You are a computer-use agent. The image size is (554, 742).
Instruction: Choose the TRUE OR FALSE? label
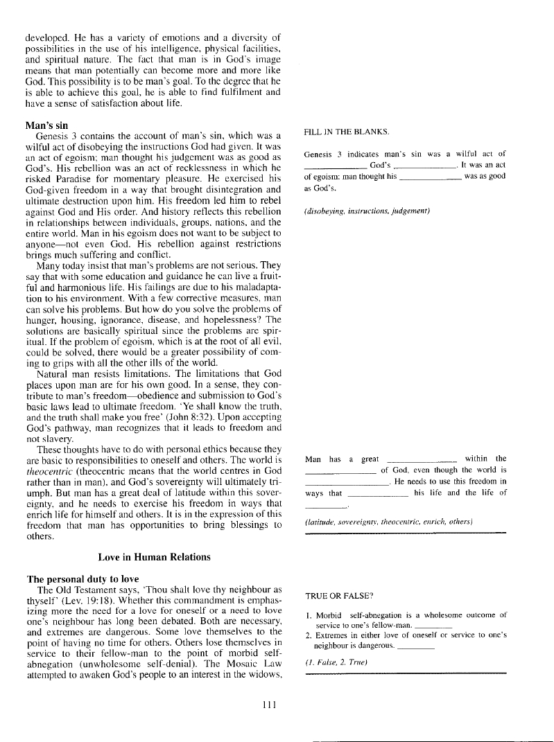click(x=340, y=595)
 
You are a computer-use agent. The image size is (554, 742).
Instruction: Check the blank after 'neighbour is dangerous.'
click(x=417, y=647)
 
